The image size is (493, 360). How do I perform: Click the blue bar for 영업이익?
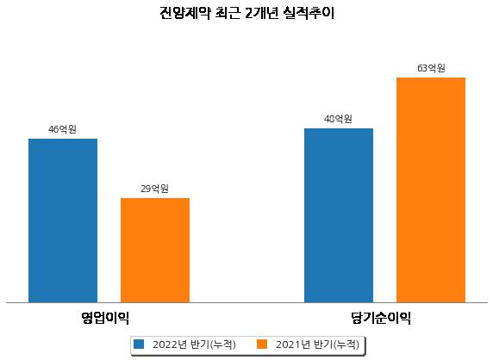(63, 220)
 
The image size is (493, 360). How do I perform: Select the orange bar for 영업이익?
(155, 251)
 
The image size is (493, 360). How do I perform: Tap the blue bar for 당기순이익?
(339, 215)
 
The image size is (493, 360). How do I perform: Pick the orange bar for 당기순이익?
(431, 190)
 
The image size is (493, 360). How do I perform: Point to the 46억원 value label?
(62, 129)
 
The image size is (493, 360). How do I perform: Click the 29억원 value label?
(154, 189)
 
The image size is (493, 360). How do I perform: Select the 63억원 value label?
(431, 68)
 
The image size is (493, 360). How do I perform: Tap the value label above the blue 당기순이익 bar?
(338, 119)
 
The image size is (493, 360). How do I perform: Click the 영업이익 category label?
(105, 318)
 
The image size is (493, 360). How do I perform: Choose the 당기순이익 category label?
(381, 318)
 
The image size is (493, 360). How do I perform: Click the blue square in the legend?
(139, 344)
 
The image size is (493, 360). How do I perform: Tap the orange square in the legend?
(262, 344)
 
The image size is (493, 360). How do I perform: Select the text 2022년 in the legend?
(170, 344)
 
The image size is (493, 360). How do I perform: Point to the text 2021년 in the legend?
(293, 344)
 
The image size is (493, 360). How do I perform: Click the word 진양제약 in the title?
(184, 13)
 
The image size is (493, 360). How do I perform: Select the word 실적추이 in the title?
(309, 13)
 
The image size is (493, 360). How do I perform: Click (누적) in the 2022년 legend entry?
(222, 344)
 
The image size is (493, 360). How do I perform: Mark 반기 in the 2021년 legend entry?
(322, 344)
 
